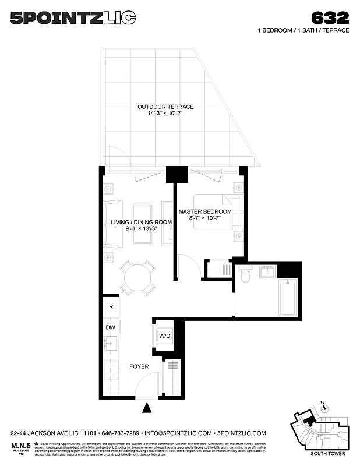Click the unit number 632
coord(330,17)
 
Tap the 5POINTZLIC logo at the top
coord(73,19)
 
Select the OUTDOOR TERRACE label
coord(165,107)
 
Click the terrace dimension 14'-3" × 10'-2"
coord(165,114)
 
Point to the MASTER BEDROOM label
coord(204,211)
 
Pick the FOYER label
coord(139,366)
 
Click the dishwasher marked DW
coord(111,327)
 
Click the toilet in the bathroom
coord(245,273)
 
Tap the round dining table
coord(138,277)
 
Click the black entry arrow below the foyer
coord(146,408)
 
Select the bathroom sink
coord(268,271)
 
